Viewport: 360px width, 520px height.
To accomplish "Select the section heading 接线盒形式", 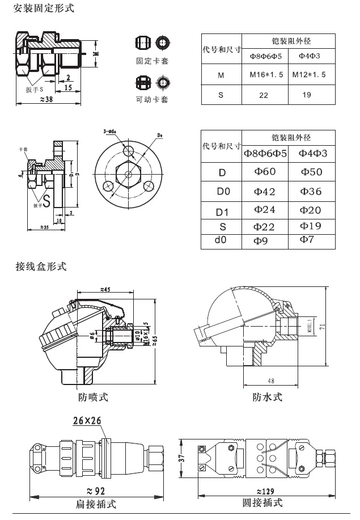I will click(40, 266).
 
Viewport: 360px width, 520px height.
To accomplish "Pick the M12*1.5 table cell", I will click(309, 75).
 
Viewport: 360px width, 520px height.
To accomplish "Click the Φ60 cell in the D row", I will click(264, 172).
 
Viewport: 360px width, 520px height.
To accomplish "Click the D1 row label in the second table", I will click(223, 212).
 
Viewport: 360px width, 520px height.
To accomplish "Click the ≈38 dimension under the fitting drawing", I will click(47, 100).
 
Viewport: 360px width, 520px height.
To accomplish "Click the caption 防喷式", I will click(93, 397).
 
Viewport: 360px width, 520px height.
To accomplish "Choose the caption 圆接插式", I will click(262, 503).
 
